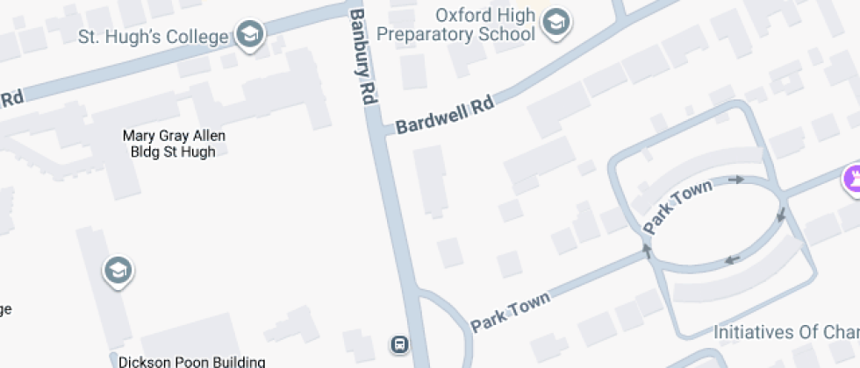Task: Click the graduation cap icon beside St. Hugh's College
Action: (x=251, y=36)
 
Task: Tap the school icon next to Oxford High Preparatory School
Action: (x=554, y=23)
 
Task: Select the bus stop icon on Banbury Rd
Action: (x=399, y=343)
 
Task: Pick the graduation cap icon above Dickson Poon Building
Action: (x=117, y=271)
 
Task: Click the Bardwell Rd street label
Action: (x=445, y=115)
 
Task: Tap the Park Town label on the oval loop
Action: (x=677, y=205)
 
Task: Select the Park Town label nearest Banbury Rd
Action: (x=511, y=311)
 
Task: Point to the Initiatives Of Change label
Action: (x=785, y=333)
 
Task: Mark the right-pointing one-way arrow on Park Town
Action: (x=735, y=180)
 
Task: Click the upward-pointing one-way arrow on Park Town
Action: (x=648, y=250)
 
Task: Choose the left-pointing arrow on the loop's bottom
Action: (x=731, y=258)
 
